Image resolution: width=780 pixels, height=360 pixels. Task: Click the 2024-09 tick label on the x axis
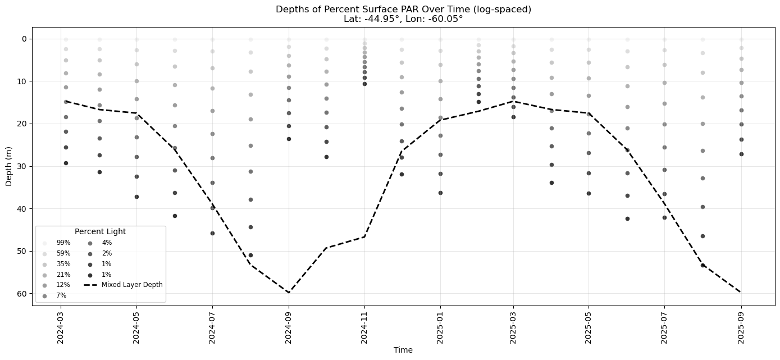tap(289, 328)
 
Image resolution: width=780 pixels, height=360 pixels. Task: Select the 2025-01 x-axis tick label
tap(440, 328)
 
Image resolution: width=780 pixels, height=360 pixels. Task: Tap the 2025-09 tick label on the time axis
tap(741, 328)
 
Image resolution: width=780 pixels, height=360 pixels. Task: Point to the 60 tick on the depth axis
tap(22, 294)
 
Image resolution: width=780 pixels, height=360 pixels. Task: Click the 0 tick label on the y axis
tap(25, 39)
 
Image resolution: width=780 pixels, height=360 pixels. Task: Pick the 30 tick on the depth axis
tap(22, 166)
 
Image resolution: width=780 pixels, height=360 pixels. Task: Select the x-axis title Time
tap(403, 350)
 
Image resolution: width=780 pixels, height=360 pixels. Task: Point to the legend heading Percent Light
tap(100, 231)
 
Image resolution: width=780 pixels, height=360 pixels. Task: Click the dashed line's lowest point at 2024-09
tap(289, 293)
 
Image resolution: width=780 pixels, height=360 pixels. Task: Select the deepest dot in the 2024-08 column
tap(250, 255)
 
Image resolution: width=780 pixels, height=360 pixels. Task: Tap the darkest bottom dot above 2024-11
tap(364, 84)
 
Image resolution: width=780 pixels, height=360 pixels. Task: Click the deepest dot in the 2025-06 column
tap(627, 218)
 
